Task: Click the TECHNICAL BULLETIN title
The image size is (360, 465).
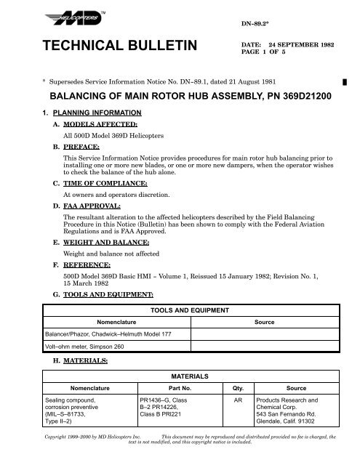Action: (107, 47)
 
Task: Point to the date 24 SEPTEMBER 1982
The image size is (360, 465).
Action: (291, 44)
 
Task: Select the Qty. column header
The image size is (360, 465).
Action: (236, 389)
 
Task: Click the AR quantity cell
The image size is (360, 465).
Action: (237, 400)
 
